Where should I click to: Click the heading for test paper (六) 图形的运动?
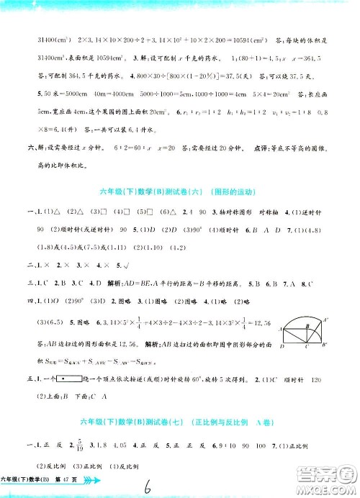tap(179, 191)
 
